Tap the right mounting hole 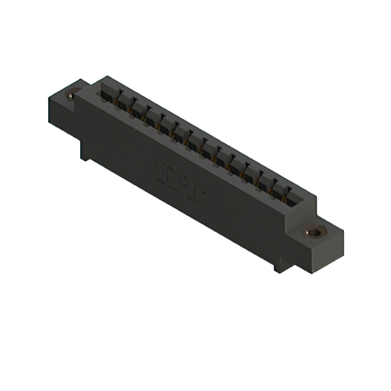coord(315,232)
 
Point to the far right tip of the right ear coord(343,231)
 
